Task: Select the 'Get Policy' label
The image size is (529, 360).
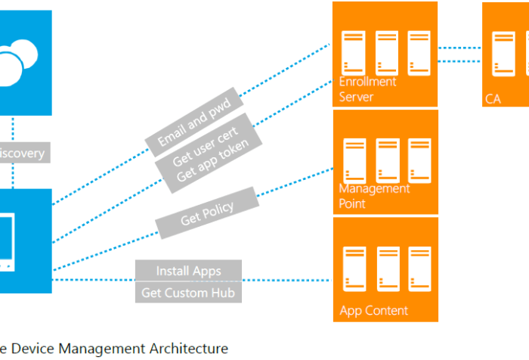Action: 207,214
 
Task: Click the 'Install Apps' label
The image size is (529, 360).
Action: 188,270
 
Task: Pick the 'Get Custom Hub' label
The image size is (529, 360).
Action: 188,292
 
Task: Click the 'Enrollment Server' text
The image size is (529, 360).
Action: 367,89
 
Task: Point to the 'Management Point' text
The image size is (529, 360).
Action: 374,196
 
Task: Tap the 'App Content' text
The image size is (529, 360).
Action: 374,310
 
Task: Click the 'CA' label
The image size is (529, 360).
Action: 493,98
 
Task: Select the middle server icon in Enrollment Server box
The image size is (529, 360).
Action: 387,51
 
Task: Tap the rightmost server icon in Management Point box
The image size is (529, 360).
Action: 419,160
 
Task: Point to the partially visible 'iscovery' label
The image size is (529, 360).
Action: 23,154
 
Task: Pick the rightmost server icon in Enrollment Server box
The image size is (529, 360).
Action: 419,51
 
